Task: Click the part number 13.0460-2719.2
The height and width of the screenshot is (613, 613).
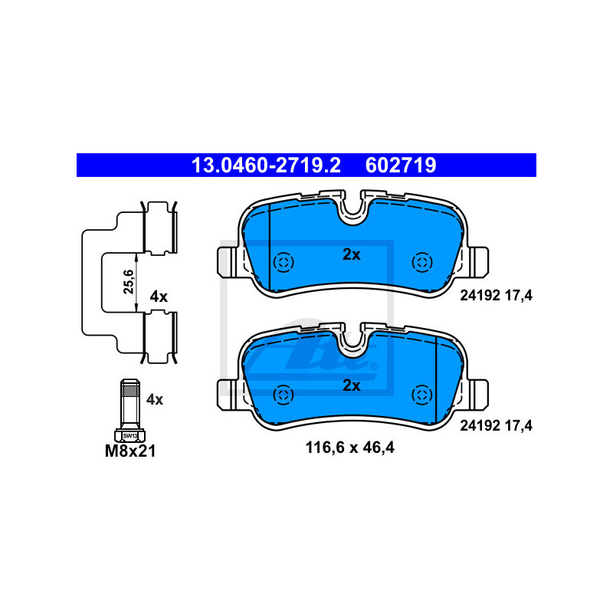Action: pos(265,165)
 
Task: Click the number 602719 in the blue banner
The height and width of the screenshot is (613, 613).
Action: pos(401,165)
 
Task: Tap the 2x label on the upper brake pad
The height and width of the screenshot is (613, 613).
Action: pos(351,254)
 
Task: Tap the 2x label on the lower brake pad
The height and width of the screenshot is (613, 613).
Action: pos(351,385)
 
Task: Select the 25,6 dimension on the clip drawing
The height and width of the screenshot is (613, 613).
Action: pos(129,282)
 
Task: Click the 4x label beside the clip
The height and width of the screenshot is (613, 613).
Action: pos(159,297)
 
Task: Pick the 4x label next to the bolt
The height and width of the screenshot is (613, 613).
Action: pos(155,398)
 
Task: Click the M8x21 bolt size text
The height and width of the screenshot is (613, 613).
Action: pos(130,452)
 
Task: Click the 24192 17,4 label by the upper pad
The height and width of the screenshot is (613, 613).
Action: pos(494,294)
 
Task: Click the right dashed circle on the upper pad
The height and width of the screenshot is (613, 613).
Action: pos(421,263)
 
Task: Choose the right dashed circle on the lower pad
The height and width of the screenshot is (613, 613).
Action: pos(421,394)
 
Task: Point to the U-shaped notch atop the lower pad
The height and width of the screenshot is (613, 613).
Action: pos(352,338)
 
